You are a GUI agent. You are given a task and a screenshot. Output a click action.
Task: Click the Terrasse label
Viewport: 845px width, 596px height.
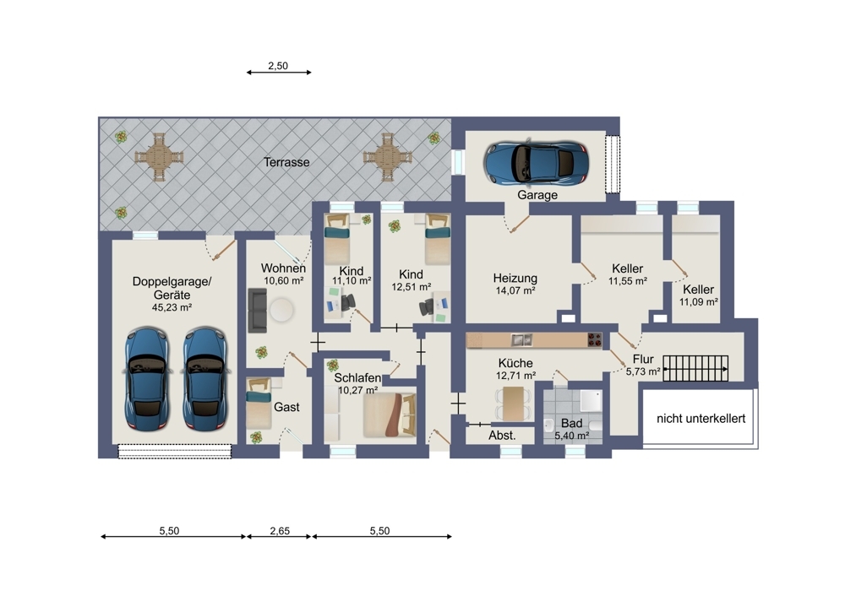[286, 162]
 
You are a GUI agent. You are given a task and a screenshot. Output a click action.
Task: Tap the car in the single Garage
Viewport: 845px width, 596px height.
[537, 162]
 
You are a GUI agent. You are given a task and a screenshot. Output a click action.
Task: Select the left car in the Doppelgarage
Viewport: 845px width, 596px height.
[146, 379]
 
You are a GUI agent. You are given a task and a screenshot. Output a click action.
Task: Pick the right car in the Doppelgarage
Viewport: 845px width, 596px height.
[204, 379]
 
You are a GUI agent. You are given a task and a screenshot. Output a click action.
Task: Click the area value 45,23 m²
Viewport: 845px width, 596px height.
[172, 307]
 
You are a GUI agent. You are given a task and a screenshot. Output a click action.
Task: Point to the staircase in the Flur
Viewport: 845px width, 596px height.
[695, 369]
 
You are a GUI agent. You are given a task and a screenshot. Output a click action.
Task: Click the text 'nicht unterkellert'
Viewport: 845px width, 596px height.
[701, 419]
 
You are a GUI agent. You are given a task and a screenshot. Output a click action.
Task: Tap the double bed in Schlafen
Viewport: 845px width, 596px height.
[390, 415]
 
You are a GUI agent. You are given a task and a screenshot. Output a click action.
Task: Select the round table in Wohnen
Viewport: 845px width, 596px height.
[282, 311]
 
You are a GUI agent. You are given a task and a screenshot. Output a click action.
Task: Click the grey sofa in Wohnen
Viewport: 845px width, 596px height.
[257, 310]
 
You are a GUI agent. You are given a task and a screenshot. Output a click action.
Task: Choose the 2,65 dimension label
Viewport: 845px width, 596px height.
[280, 531]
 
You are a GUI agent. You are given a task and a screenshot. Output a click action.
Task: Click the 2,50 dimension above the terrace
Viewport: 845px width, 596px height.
[278, 66]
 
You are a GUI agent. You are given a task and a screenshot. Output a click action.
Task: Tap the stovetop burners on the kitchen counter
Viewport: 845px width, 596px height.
[594, 339]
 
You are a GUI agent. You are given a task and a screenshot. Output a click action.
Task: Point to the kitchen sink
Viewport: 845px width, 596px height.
[521, 339]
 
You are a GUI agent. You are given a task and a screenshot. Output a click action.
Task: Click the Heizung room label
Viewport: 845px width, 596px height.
[515, 279]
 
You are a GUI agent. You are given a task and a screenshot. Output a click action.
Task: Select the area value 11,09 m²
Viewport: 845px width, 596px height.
[699, 302]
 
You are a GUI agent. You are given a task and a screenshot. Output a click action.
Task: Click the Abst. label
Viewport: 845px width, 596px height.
[502, 436]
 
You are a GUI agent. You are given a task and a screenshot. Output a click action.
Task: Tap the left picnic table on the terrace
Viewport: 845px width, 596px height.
[159, 157]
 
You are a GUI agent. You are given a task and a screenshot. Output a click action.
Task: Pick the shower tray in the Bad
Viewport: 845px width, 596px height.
[591, 402]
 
